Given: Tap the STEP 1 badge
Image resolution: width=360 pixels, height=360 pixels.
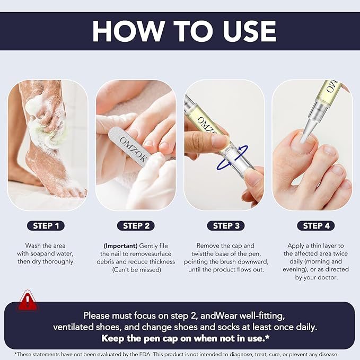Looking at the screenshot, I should coord(46,225).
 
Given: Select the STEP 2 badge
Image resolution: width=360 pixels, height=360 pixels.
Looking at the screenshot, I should coord(136,225).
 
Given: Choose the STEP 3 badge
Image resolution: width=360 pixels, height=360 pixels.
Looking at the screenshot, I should coord(226,225).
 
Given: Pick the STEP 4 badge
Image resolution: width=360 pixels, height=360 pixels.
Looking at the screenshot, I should coord(316,225).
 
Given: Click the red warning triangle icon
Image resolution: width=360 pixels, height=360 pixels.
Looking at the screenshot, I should coord(26,301).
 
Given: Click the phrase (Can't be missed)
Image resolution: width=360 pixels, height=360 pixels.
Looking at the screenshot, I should coord(136,270).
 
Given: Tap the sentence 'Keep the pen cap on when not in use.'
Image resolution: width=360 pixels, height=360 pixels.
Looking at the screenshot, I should coord(180,338).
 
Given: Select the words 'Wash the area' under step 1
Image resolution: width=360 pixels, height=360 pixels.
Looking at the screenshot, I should coord(46,246).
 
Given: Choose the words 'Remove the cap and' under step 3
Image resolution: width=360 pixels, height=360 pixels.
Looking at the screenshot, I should coord(225,246).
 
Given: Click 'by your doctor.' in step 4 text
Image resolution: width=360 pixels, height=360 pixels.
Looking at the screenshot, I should coord(316,278).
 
